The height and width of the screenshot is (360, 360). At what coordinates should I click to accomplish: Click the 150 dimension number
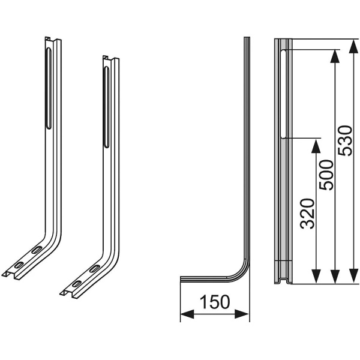215,302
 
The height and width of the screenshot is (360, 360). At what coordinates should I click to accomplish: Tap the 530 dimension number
346,141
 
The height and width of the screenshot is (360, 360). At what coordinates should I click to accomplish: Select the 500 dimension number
326,175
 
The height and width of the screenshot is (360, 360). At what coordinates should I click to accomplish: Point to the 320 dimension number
307,214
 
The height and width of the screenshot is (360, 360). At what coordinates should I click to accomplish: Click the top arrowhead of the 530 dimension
354,47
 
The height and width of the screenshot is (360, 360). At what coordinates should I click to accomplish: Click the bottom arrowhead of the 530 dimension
354,276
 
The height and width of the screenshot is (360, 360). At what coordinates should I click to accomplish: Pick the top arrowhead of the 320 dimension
316,146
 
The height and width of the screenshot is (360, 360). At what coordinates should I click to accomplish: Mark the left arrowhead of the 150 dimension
188,314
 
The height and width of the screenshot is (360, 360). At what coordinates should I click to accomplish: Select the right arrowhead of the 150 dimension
242,314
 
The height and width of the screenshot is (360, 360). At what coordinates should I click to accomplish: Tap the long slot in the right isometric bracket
107,107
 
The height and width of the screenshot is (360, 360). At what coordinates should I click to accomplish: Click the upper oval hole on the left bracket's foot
37,250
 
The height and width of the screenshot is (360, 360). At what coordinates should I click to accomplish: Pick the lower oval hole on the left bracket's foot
19,265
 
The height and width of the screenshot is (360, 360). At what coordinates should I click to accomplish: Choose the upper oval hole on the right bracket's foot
94,269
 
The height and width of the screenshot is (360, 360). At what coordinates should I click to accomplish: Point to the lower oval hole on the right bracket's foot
77,284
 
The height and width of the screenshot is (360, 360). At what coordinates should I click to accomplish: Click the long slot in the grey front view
283,94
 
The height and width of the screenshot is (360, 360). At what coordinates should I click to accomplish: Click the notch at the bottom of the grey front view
283,281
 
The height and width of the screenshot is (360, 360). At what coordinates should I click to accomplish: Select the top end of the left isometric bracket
53,39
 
